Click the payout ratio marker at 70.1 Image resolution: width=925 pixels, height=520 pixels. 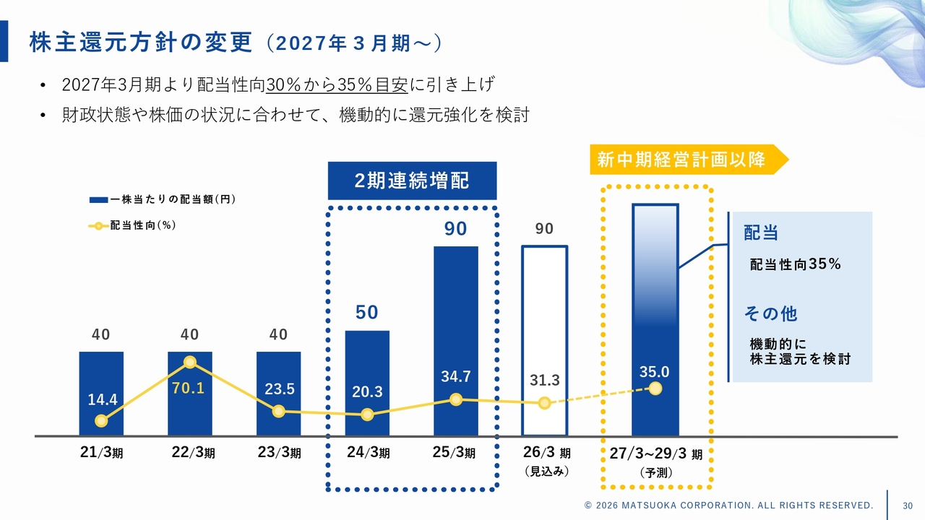tap(190, 362)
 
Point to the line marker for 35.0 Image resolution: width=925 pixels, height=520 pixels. tap(655, 389)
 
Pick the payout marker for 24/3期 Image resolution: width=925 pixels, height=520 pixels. tap(367, 415)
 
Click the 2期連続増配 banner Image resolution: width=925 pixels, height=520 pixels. tap(412, 181)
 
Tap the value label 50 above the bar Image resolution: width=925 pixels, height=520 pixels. tap(367, 312)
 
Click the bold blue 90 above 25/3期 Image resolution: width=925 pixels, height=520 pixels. tap(456, 229)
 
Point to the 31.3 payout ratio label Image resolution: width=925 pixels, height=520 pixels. tap(544, 380)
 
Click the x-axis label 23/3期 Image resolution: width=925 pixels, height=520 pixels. tap(279, 454)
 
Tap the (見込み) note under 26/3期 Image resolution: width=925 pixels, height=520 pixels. tap(546, 472)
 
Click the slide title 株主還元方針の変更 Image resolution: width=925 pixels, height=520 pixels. tap(142, 42)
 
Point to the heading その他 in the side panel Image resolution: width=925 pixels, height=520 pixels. tap(770, 313)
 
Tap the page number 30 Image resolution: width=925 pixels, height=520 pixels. tap(908, 505)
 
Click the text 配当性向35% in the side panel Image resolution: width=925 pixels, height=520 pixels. tap(796, 264)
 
